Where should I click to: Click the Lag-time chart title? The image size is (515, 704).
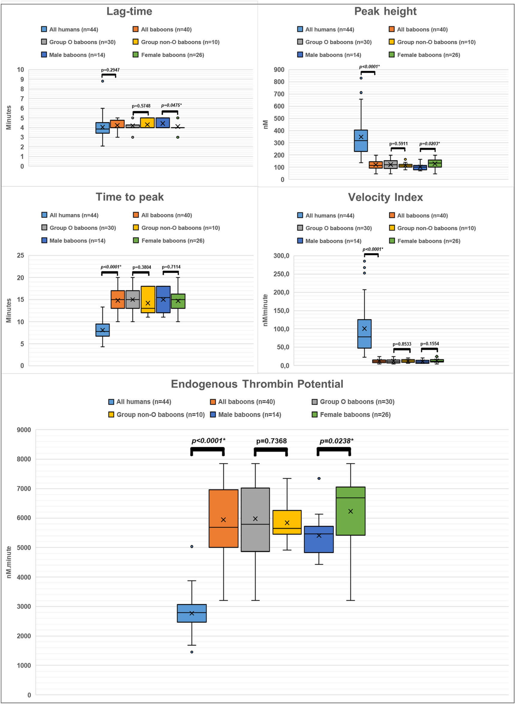(129, 11)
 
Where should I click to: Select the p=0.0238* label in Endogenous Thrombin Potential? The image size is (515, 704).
(336, 441)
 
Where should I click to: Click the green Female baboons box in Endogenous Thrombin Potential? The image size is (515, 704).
(350, 511)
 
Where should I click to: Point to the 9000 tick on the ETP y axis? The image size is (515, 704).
(24, 430)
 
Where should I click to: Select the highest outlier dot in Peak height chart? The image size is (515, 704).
(361, 78)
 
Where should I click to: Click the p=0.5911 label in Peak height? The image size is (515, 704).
(398, 144)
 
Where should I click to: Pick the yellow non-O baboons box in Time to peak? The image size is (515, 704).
(148, 299)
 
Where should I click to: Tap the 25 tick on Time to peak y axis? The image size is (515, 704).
(20, 255)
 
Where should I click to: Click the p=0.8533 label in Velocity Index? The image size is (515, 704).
(402, 344)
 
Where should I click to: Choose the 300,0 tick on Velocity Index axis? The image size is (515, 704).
(281, 255)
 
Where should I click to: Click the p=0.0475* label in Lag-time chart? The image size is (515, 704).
(171, 105)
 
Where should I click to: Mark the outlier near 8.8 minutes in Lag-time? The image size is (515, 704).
(103, 81)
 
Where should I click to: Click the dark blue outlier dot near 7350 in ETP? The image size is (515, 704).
(319, 478)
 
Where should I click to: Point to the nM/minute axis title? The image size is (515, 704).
(265, 310)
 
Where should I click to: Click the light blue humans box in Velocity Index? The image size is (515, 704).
(364, 333)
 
